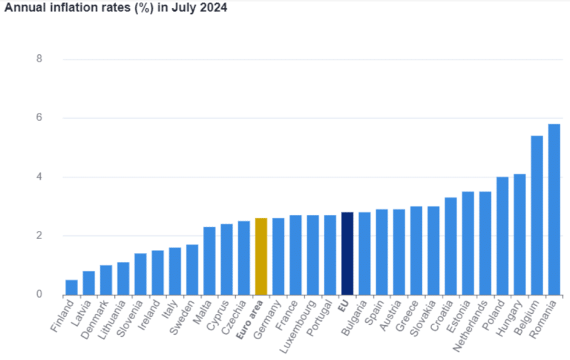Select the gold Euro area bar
pos(261,256)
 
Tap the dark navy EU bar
pos(347,253)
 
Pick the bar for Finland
pos(71,287)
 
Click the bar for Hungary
pos(520,235)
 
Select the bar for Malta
pos(209,261)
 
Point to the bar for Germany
pos(278,256)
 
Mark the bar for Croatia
pos(451,246)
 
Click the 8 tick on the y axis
pos(39,59)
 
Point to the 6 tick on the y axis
pos(39,118)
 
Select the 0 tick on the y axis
pos(39,295)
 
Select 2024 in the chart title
pos(212,8)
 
